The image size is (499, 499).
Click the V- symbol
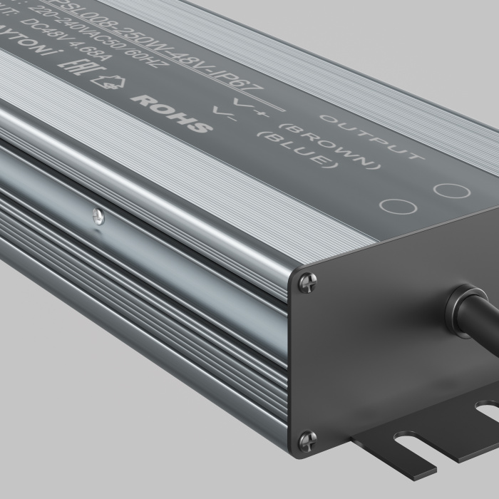[224, 125]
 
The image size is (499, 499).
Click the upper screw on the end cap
[305, 282]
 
